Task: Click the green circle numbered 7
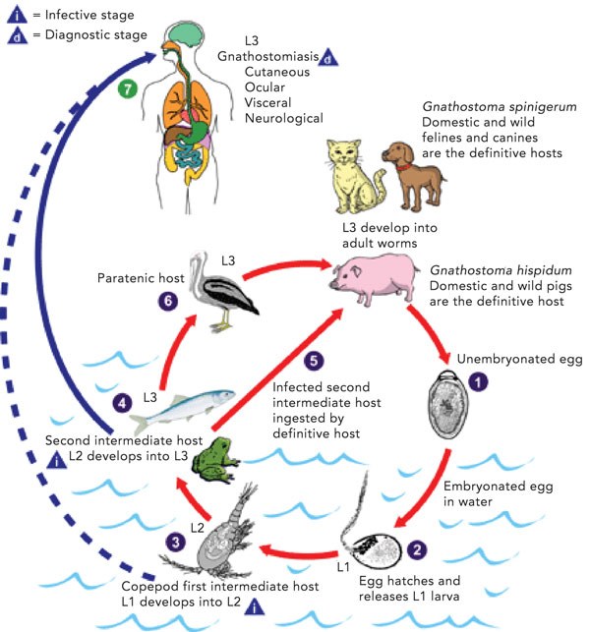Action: [128, 89]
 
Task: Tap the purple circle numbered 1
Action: [478, 381]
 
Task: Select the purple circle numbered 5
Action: [314, 361]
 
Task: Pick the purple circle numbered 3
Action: [175, 542]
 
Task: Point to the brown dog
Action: [413, 175]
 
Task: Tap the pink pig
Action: [373, 278]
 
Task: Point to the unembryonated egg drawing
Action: [447, 404]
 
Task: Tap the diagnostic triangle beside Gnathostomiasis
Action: [328, 58]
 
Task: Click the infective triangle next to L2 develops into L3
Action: [56, 459]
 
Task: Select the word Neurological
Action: [284, 118]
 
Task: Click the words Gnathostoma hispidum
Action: [501, 270]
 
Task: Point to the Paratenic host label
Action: [141, 278]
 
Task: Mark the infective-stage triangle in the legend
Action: [18, 15]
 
